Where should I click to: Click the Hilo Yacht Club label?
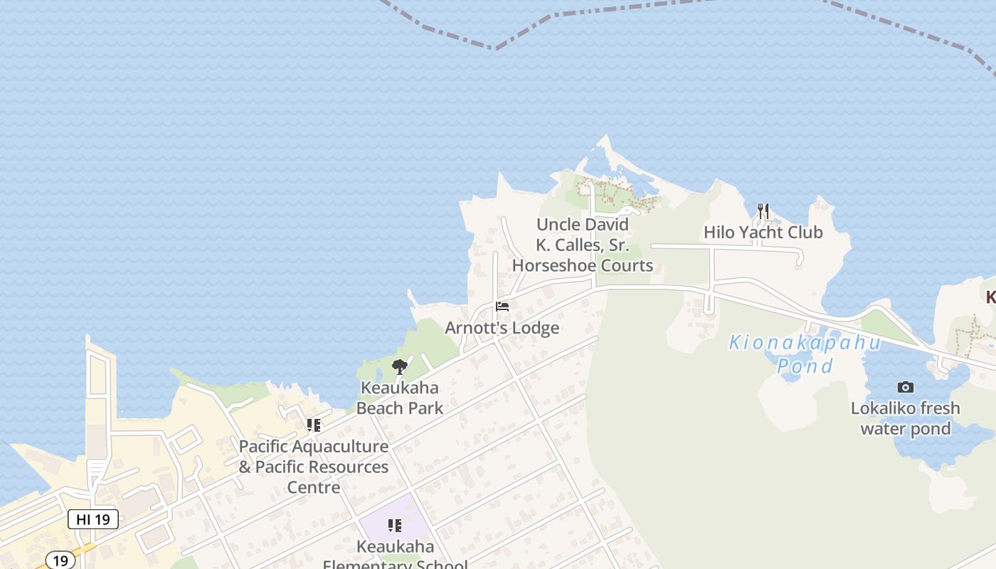(x=763, y=233)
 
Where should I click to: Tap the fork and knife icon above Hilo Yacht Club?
(x=763, y=211)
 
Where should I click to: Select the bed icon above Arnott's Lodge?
(x=502, y=307)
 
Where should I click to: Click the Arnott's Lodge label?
(x=502, y=328)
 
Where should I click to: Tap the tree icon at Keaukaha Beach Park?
(x=400, y=367)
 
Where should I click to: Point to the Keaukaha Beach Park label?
(x=399, y=398)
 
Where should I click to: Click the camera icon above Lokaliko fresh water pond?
(x=905, y=387)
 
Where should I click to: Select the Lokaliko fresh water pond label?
(x=905, y=418)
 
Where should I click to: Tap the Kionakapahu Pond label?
(x=805, y=354)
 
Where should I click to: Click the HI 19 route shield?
(x=93, y=519)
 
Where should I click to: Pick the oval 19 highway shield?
(x=60, y=560)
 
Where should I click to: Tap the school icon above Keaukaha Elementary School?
(x=395, y=526)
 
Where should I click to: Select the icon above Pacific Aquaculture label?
(x=314, y=425)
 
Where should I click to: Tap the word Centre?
(x=313, y=488)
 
